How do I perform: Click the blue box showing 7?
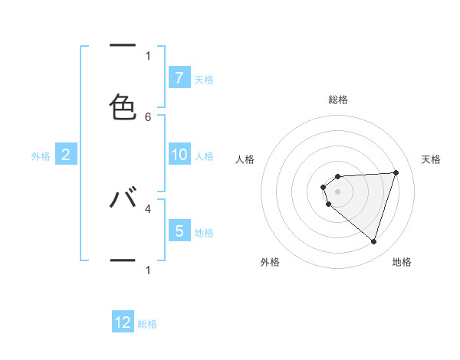point(179,77)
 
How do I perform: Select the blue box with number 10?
point(179,155)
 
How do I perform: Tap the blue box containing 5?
point(179,231)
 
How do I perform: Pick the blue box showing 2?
point(65,155)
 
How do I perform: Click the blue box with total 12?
point(123,322)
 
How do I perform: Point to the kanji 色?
point(123,106)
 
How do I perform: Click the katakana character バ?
point(123,198)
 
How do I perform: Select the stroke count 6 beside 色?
point(148,116)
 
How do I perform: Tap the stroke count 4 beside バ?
point(148,208)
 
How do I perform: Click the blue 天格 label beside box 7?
point(204,79)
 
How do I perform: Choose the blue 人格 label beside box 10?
point(204,156)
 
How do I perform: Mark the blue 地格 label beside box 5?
point(204,232)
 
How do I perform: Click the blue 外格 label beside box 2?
point(41,156)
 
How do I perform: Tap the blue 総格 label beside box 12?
point(147,324)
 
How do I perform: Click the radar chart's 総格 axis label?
point(338,100)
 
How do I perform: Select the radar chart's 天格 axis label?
point(431,159)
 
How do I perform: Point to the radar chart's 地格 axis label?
point(402,263)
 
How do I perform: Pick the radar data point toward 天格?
point(396,172)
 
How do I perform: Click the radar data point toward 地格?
point(373,242)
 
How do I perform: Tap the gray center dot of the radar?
point(337,191)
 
